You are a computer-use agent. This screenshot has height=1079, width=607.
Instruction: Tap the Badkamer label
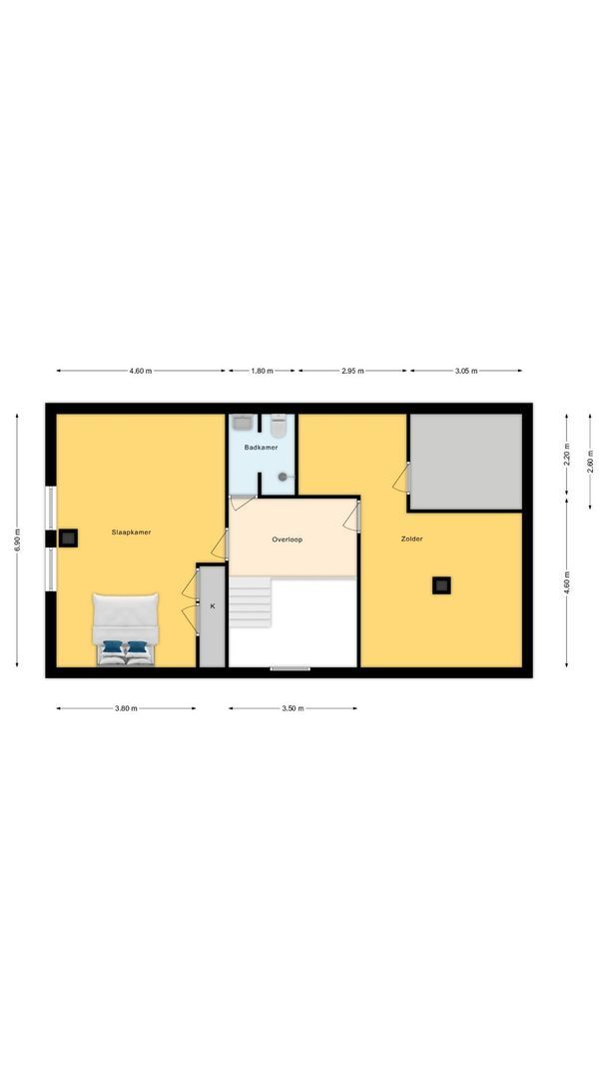261,448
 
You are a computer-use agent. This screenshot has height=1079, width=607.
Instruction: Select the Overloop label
288,539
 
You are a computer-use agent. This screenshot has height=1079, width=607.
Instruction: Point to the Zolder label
412,539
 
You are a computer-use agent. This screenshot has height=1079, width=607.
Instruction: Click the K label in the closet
212,605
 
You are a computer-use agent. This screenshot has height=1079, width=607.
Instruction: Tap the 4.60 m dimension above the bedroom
141,371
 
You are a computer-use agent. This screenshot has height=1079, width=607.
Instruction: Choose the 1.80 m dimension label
261,371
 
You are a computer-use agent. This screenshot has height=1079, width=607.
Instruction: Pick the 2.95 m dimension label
352,371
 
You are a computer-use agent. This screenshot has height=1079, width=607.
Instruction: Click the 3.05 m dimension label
466,371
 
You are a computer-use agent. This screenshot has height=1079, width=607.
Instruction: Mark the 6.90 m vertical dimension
18,539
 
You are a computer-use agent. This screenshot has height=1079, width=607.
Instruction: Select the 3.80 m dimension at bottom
126,708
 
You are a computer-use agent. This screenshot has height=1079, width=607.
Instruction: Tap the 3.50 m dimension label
293,708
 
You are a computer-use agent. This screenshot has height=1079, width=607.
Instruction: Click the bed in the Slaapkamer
126,630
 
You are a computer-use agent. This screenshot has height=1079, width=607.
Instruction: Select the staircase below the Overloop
251,602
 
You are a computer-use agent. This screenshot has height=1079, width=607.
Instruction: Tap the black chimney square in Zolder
441,585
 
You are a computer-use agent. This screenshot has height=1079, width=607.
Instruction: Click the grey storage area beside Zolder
465,462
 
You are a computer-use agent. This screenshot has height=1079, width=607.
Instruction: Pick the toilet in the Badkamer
280,428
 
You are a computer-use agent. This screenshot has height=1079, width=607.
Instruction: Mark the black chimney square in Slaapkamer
68,538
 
